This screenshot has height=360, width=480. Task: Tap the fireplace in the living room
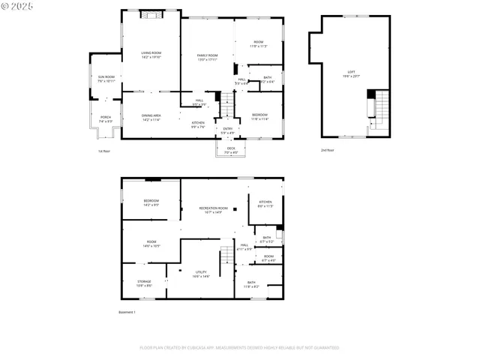[151, 13]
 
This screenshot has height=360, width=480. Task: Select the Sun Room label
[106, 78]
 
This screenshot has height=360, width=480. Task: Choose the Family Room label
[208, 57]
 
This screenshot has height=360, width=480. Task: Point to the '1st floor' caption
[103, 150]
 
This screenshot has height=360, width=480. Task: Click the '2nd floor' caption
[328, 150]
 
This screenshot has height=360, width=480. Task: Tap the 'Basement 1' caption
[127, 312]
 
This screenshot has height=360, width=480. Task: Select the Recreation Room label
[214, 209]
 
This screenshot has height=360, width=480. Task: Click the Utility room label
[201, 274]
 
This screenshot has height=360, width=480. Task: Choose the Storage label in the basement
[144, 283]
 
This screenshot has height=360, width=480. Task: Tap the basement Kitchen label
[265, 204]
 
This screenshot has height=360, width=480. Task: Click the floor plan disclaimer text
[239, 347]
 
